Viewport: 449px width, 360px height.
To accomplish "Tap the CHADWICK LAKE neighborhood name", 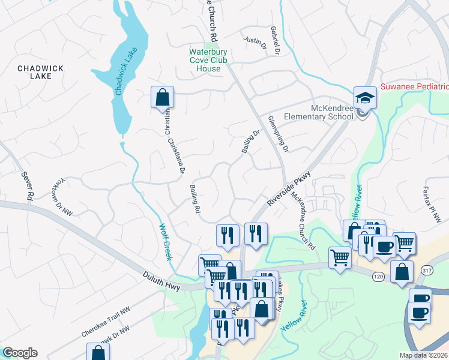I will (40, 73).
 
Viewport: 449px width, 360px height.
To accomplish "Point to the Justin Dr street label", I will (254, 41).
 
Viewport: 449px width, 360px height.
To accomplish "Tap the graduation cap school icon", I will (364, 97).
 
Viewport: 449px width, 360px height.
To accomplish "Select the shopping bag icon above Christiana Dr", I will (162, 97).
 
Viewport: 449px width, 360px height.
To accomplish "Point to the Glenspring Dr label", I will (279, 134).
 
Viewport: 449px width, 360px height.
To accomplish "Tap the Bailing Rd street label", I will (194, 200).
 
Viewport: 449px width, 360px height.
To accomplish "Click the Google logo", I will (20, 353).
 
